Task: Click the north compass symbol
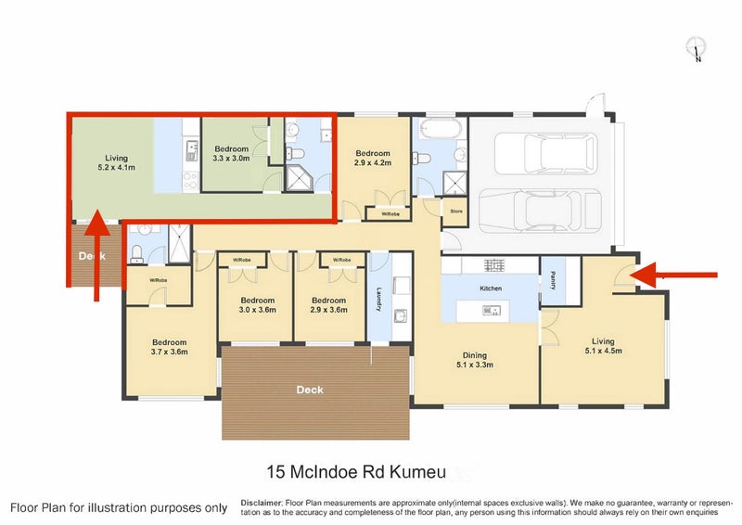(697, 48)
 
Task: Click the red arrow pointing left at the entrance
(682, 275)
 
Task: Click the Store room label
(455, 211)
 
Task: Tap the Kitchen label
(490, 288)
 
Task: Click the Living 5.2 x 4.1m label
(116, 163)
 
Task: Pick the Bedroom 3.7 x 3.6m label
(170, 347)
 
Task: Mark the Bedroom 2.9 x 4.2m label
(373, 158)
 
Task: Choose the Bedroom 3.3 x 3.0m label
(232, 154)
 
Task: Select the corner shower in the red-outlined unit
(300, 177)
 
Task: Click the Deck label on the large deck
(310, 390)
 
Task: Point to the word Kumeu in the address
(422, 473)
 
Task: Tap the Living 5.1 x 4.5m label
(605, 345)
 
